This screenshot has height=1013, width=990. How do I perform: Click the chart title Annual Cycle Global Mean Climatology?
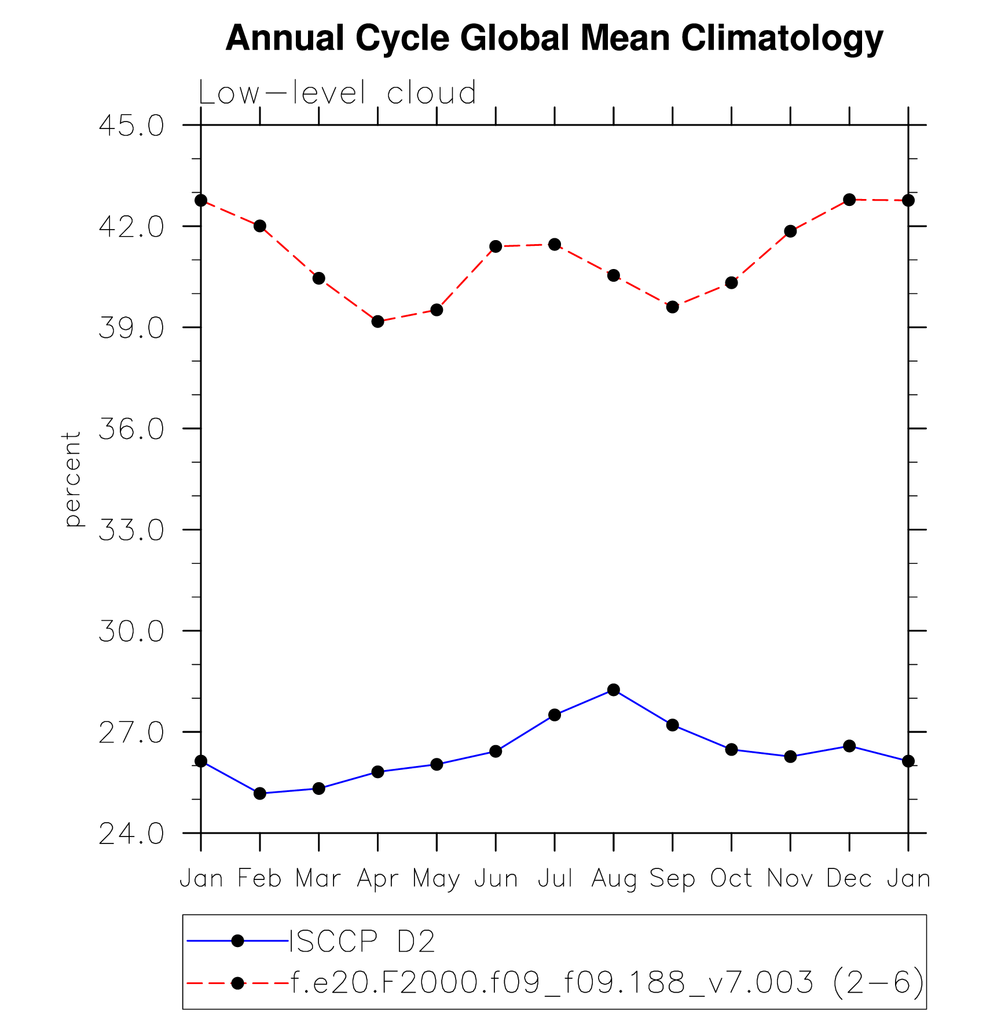(554, 38)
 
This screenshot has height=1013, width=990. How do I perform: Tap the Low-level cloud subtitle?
(337, 93)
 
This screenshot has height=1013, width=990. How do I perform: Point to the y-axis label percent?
(72, 479)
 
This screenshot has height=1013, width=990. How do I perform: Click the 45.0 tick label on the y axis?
(131, 126)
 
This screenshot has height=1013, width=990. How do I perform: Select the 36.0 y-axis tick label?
(131, 429)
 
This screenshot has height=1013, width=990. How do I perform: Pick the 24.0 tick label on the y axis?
(131, 834)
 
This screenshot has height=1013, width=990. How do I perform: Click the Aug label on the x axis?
(614, 879)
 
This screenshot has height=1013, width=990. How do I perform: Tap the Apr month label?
(377, 879)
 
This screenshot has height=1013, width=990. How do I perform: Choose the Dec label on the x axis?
(849, 879)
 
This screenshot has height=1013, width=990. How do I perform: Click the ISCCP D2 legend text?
(362, 941)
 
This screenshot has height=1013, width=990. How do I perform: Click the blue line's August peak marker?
(614, 690)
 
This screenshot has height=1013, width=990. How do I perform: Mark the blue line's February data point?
(260, 793)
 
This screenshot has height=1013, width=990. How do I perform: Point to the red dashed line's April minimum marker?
(377, 321)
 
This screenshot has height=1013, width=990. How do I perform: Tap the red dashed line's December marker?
(849, 200)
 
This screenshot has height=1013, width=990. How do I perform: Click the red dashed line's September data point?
(672, 307)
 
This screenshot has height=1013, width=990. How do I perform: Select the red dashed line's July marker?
(555, 244)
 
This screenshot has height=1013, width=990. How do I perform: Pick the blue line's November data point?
(790, 756)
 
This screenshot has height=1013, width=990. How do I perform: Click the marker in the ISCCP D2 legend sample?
(237, 941)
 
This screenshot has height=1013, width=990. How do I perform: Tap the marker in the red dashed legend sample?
(237, 983)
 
